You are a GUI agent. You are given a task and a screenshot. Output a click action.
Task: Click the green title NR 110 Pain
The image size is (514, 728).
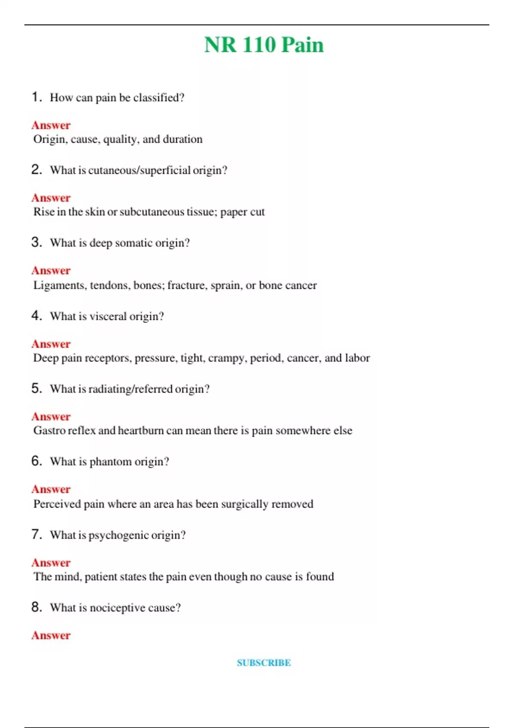tap(264, 45)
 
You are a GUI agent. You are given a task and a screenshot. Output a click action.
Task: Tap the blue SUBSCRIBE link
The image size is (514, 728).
tap(264, 662)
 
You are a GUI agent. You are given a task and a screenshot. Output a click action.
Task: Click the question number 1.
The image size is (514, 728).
tap(36, 97)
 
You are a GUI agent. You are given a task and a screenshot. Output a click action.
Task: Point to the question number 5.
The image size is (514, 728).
tap(36, 388)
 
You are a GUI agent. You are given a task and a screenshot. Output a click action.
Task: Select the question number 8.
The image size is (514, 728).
tap(36, 607)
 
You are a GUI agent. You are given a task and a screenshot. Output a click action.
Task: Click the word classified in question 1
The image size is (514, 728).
tap(158, 98)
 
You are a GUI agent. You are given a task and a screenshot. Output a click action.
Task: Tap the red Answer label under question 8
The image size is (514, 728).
tap(51, 635)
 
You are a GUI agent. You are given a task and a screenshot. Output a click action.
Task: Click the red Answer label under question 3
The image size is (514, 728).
tap(51, 271)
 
